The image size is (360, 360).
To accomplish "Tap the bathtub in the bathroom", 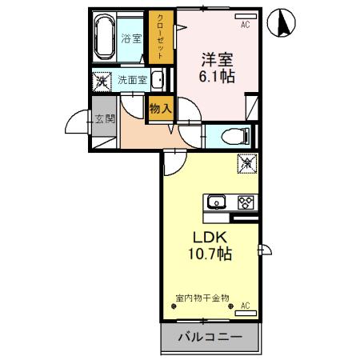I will [104, 37].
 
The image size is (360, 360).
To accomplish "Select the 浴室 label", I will [130, 38].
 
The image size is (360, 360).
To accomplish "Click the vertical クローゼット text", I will [160, 36].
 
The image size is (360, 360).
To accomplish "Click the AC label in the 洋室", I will [245, 25].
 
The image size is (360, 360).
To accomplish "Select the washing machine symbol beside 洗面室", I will [102, 80].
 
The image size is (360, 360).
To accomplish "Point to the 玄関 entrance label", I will [104, 120].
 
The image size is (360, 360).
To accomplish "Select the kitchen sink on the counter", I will [216, 202].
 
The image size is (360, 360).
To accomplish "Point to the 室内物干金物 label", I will [202, 298].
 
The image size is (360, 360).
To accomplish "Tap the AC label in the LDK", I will [245, 306].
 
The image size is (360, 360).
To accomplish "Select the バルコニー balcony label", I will [209, 338].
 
